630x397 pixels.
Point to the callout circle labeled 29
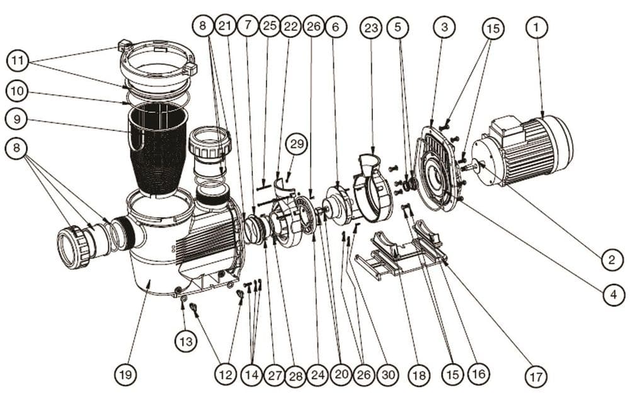click(x=297, y=144)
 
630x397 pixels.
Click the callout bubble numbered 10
click(x=16, y=91)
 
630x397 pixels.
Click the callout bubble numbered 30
click(x=388, y=375)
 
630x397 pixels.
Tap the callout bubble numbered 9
click(x=16, y=118)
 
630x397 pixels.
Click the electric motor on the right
click(x=526, y=151)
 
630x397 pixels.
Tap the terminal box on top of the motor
click(x=508, y=129)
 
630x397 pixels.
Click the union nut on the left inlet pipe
click(x=74, y=247)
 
